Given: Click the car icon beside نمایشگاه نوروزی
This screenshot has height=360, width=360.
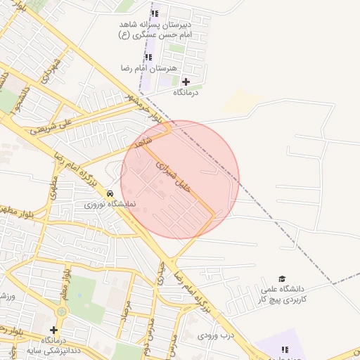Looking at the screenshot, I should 110,193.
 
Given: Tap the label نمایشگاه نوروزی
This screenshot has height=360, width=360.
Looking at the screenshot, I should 110,205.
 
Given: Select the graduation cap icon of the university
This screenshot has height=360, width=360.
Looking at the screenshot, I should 282,279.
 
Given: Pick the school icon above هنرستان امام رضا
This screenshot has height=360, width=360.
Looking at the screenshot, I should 148,58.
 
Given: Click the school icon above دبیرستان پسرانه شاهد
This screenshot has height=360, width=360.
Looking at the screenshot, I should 155,13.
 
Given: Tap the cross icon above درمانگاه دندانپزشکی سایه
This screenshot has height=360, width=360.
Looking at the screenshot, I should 53,329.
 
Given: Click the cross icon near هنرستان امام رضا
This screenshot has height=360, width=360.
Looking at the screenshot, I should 186,82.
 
